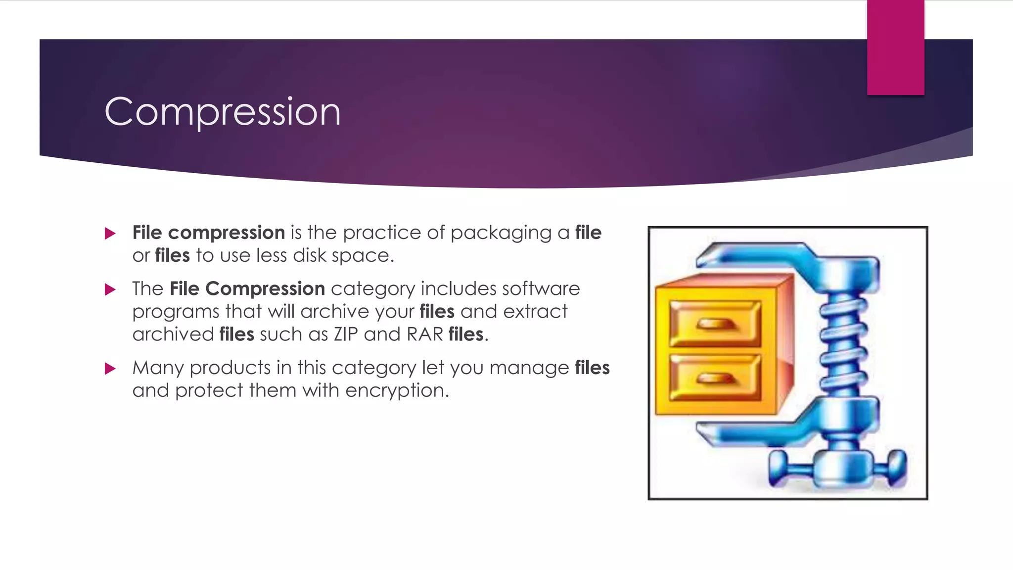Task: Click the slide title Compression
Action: [x=223, y=112]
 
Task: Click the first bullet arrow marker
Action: [x=110, y=234]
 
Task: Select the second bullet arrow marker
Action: [x=110, y=289]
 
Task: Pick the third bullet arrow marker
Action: [x=110, y=369]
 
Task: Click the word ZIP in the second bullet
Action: [x=346, y=334]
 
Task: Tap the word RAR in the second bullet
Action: [x=424, y=334]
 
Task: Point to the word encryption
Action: [x=397, y=391]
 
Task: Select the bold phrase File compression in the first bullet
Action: [x=208, y=233]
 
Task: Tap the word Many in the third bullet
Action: [x=158, y=368]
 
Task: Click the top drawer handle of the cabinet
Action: [x=716, y=324]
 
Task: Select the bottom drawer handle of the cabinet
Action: [x=716, y=379]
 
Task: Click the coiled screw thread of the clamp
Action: [x=844, y=346]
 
